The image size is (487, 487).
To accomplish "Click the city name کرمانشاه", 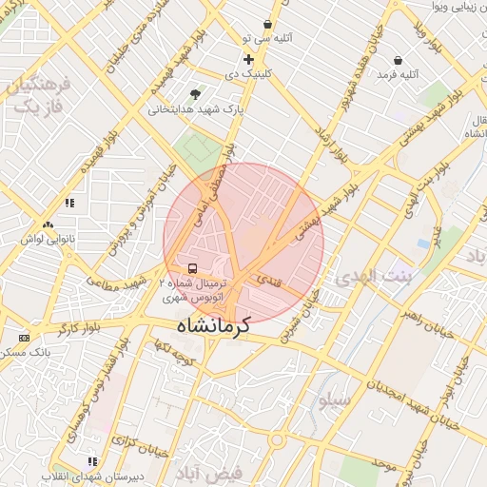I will click(x=210, y=325).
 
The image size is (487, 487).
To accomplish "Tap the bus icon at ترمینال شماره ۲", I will click(x=193, y=269).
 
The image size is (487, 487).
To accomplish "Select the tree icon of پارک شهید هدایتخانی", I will click(x=196, y=94).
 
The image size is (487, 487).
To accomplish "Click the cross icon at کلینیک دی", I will click(x=249, y=59).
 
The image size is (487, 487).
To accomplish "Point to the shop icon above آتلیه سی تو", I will click(x=267, y=24).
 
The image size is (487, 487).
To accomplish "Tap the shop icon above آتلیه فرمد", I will click(x=397, y=60).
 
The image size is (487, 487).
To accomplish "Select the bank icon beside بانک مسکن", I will click(x=24, y=338).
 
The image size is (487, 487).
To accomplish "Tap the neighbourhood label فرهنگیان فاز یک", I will click(x=36, y=95).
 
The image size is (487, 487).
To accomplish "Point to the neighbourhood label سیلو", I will click(x=334, y=400).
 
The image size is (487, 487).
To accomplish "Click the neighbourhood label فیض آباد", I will click(x=209, y=472).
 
